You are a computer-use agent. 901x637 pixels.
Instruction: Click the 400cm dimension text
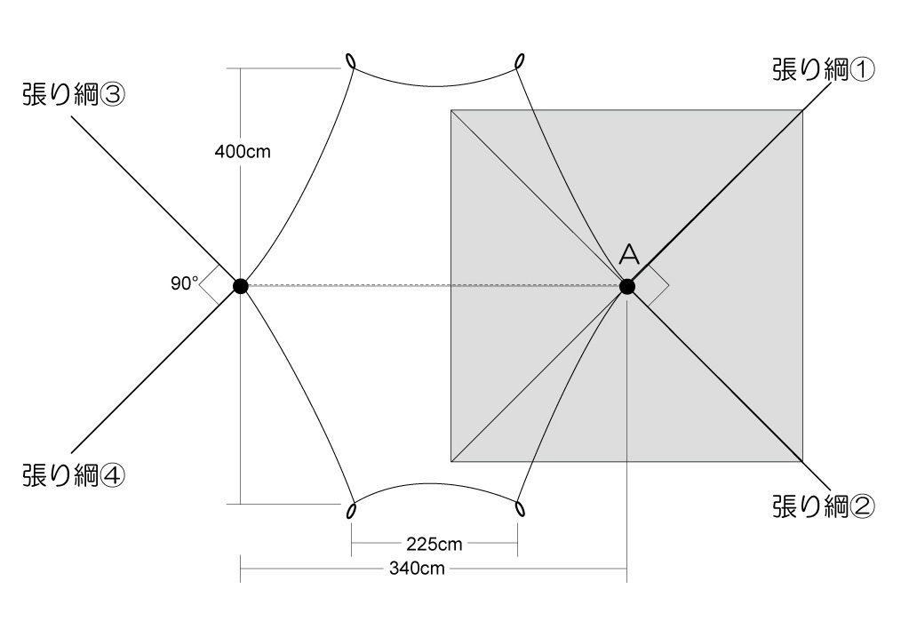pyautogui.click(x=243, y=151)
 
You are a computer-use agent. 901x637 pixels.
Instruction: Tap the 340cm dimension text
pyautogui.click(x=417, y=569)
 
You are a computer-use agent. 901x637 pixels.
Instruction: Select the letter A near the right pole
pyautogui.click(x=628, y=256)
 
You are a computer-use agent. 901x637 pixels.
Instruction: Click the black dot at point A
pyautogui.click(x=627, y=286)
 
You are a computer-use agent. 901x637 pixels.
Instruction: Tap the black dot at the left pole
pyautogui.click(x=240, y=286)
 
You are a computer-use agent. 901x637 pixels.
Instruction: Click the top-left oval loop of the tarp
pyautogui.click(x=351, y=62)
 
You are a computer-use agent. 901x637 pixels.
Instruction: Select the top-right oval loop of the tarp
pyautogui.click(x=519, y=60)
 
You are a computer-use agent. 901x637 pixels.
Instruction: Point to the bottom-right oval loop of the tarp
pyautogui.click(x=519, y=508)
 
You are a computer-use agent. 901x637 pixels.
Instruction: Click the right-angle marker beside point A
pyautogui.click(x=656, y=286)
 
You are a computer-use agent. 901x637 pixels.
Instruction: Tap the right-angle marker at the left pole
pyautogui.click(x=211, y=286)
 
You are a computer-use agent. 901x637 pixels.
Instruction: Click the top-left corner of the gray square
pyautogui.click(x=451, y=110)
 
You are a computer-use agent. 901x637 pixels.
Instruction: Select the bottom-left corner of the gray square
pyautogui.click(x=451, y=462)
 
